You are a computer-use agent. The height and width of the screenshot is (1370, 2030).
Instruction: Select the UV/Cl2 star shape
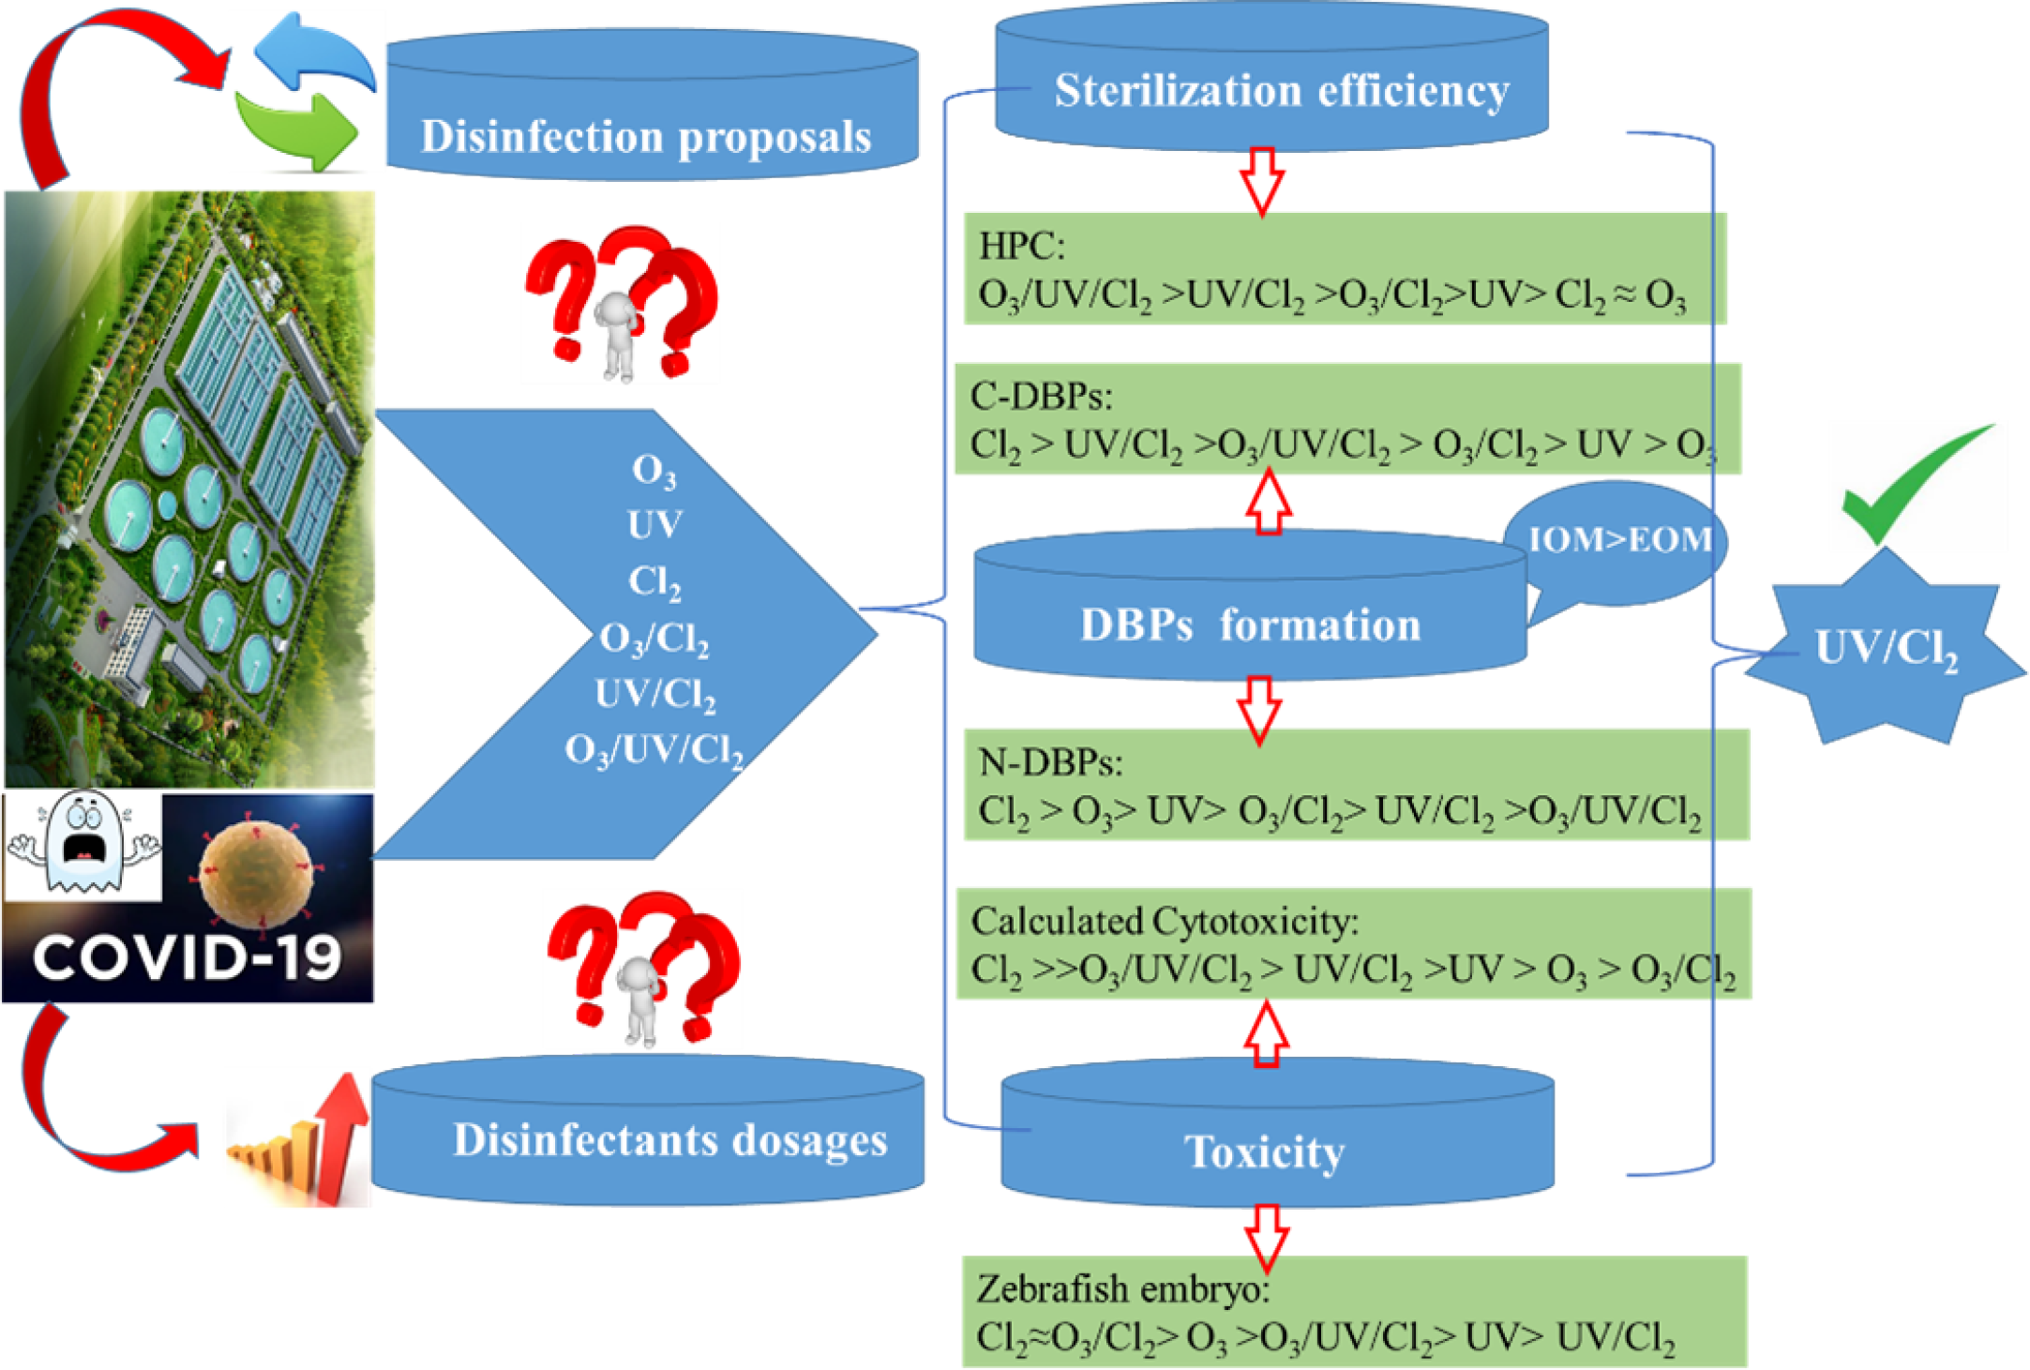point(1885,647)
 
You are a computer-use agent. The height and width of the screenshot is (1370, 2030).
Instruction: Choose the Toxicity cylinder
point(1266,1150)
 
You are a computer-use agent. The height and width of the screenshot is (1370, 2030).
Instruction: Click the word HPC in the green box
point(1020,246)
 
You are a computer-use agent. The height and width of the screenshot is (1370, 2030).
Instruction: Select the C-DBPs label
point(1040,397)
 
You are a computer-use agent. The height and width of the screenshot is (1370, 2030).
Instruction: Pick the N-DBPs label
point(1049,762)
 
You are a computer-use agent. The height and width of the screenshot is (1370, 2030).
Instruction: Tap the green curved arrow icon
point(300,131)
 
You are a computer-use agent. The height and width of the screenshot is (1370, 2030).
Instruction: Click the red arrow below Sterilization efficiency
point(1262,181)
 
